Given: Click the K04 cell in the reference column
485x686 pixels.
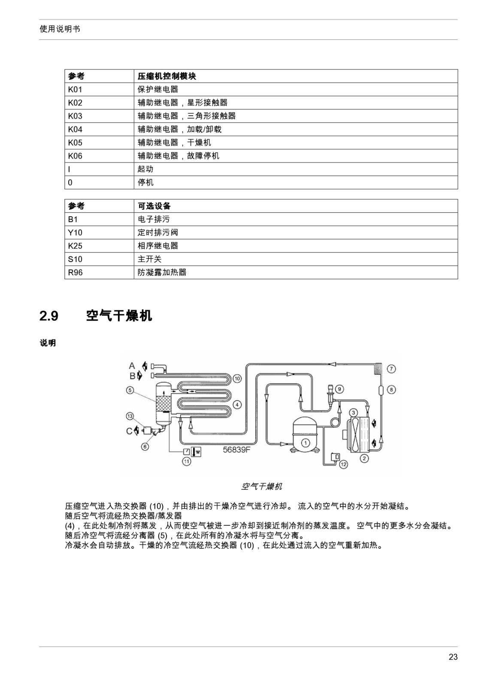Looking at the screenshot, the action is point(75,129).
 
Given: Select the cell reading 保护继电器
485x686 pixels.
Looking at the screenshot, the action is point(158,90).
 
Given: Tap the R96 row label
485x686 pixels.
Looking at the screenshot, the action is point(76,272).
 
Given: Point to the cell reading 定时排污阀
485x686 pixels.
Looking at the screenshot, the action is point(158,232).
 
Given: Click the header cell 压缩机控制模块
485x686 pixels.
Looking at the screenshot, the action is point(167,76).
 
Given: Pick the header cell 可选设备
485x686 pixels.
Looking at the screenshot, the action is point(154,206).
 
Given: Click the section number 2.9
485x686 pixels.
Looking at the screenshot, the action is point(49,316).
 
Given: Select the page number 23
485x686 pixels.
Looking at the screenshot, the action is point(453,657).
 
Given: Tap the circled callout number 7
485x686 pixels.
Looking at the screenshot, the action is point(391,369).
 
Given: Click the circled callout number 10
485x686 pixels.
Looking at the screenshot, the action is point(237,379).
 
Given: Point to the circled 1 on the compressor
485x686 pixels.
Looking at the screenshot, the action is point(305,442).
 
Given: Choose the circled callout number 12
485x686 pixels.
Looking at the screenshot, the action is point(343,464).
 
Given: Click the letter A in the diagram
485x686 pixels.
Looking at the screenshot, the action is point(132,366).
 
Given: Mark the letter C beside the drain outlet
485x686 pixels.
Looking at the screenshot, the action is point(129,431).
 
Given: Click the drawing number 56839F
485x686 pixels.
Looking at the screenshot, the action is point(236,450).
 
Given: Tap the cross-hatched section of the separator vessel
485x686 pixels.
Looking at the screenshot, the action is point(164,403).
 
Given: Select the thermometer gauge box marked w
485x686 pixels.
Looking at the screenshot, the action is point(196,451).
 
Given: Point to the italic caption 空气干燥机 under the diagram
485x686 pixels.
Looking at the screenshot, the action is point(261,486).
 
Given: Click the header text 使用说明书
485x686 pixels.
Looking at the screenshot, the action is point(60,29).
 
